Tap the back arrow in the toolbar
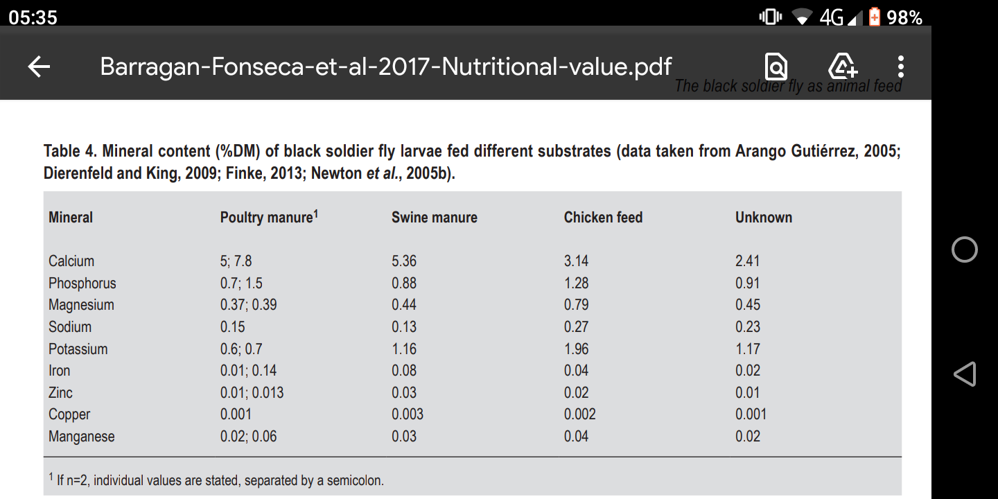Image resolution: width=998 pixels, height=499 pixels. tap(39, 67)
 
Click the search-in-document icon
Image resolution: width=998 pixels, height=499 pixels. tap(776, 67)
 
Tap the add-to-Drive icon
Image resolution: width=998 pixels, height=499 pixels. tap(843, 67)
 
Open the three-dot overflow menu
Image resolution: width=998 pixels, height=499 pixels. tap(900, 67)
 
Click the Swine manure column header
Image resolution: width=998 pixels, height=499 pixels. tap(435, 218)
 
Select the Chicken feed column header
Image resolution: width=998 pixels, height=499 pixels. tap(603, 218)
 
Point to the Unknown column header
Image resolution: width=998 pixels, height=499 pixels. tap(764, 218)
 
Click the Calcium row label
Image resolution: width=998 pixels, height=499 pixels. tap(71, 261)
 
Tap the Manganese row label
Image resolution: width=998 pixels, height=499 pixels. tap(82, 436)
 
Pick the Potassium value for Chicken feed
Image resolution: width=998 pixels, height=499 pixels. tap(576, 349)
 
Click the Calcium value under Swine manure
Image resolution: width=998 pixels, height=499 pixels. tap(404, 261)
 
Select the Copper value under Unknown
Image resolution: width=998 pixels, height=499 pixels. tap(751, 414)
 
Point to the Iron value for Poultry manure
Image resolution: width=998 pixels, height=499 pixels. tap(248, 371)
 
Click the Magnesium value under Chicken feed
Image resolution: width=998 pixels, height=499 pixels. tap(576, 305)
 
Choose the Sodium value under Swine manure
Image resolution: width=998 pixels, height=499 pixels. tap(404, 327)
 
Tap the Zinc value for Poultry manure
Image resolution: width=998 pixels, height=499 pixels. tap(252, 392)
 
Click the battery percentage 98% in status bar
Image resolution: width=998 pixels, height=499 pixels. tap(904, 18)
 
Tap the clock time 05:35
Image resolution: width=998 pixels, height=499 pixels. tap(33, 18)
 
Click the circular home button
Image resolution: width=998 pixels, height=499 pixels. tap(964, 249)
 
